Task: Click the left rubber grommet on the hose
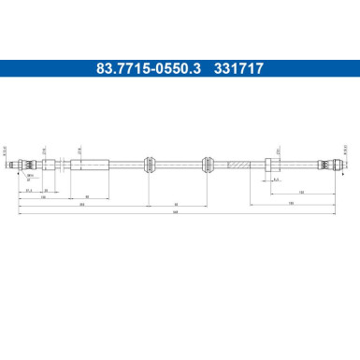pos(148,165)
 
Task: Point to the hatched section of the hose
pos(239,165)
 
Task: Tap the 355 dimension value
pos(82,204)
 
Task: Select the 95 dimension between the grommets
pos(177,204)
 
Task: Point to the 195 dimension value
pos(292,204)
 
